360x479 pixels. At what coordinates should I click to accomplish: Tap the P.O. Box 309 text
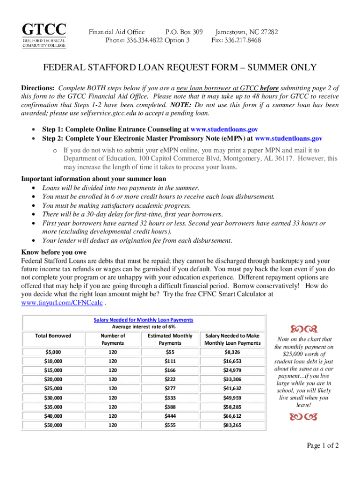[x=184, y=32]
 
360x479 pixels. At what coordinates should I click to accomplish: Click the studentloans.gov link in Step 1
[x=224, y=129]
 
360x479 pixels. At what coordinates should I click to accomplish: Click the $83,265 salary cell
[x=233, y=425]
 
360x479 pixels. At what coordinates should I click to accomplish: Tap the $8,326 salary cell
[x=233, y=351]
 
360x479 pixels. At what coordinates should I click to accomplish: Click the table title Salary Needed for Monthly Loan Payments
[x=144, y=319]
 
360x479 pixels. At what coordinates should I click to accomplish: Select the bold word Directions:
[x=38, y=88]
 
